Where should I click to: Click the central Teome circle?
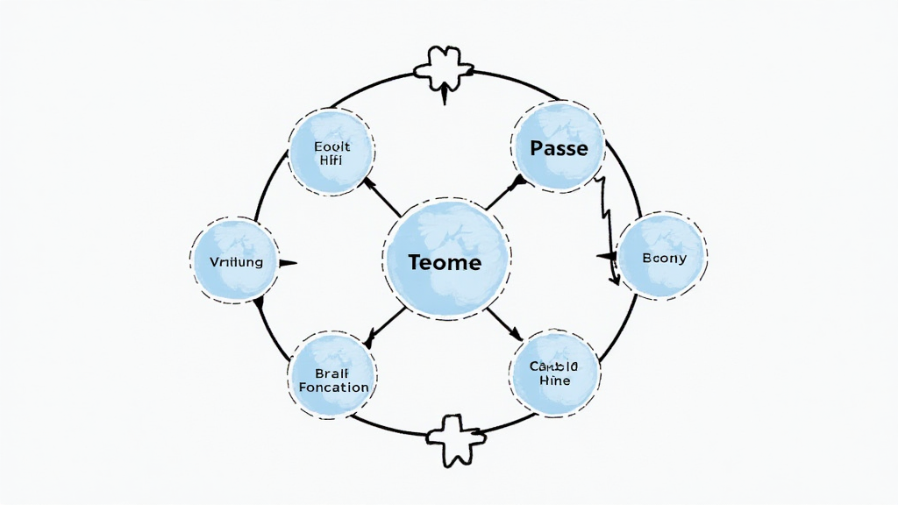[445, 260]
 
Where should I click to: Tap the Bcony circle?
[663, 258]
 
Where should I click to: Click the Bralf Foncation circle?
[333, 375]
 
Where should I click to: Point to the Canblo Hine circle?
[553, 372]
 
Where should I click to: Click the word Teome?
[445, 262]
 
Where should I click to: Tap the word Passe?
[559, 148]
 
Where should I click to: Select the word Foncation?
[333, 387]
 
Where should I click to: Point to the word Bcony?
[664, 259]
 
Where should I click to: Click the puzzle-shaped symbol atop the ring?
[445, 70]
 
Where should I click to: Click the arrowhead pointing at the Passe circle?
[518, 181]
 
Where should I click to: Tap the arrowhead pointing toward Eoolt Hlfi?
[367, 182]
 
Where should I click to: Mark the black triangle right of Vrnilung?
[286, 262]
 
